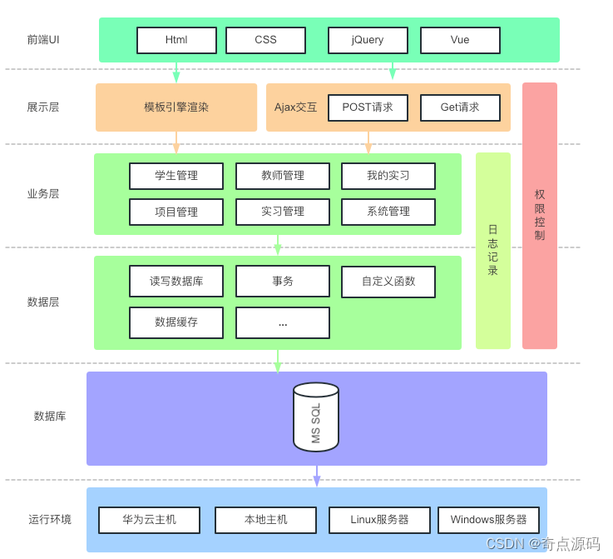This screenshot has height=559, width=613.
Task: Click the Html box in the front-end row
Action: pos(176,40)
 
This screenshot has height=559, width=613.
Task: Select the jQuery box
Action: pos(368,40)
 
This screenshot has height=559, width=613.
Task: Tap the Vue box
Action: pos(460,40)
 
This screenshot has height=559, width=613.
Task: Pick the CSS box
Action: pos(265,40)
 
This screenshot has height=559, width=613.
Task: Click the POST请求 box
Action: pos(368,107)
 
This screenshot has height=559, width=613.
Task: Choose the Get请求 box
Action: pos(460,107)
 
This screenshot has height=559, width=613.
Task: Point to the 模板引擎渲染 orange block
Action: pos(176,107)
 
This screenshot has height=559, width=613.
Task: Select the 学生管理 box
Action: pos(176,176)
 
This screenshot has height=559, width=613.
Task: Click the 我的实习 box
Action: pos(388,176)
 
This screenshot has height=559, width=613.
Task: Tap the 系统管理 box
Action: pos(388,212)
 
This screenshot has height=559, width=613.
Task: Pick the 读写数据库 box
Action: pos(176,282)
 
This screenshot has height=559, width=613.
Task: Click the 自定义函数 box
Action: pos(388,282)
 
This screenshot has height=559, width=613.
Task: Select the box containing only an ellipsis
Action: pos(283,322)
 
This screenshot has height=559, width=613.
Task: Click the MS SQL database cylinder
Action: pos(316,417)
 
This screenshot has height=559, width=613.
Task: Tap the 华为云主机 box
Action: pos(150,520)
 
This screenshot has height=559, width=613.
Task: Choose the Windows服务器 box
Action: pos(488,520)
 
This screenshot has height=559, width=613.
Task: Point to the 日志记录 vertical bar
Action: pos(493,250)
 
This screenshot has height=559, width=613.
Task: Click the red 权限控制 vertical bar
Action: pos(540,215)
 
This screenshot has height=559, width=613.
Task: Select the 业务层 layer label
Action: pos(43,194)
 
